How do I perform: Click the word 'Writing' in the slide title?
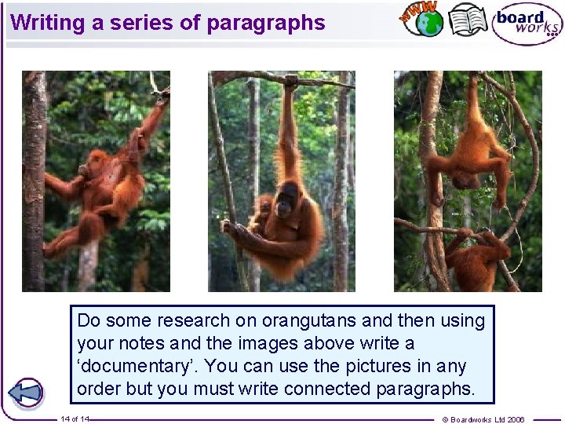coord(48,23)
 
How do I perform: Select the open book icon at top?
coord(468,20)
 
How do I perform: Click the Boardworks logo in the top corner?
coord(527,24)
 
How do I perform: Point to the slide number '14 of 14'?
coord(75,419)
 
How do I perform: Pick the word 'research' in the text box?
coord(188,320)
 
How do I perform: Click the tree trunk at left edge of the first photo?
coord(34,181)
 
